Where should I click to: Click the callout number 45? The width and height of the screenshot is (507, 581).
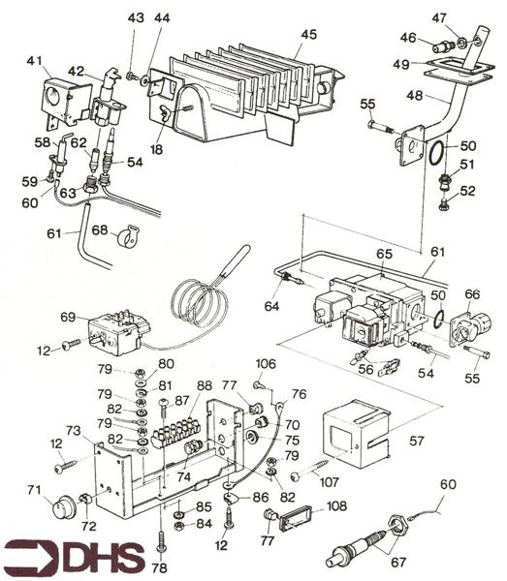pos(308,34)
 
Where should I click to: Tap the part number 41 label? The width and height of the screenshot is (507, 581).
pos(36,61)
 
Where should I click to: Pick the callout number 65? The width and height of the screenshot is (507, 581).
pos(384,254)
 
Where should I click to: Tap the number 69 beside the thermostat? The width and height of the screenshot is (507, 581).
pos(67,318)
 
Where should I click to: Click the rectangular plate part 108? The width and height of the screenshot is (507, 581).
pos(298,521)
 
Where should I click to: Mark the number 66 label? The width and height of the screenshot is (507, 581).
pos(472,294)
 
